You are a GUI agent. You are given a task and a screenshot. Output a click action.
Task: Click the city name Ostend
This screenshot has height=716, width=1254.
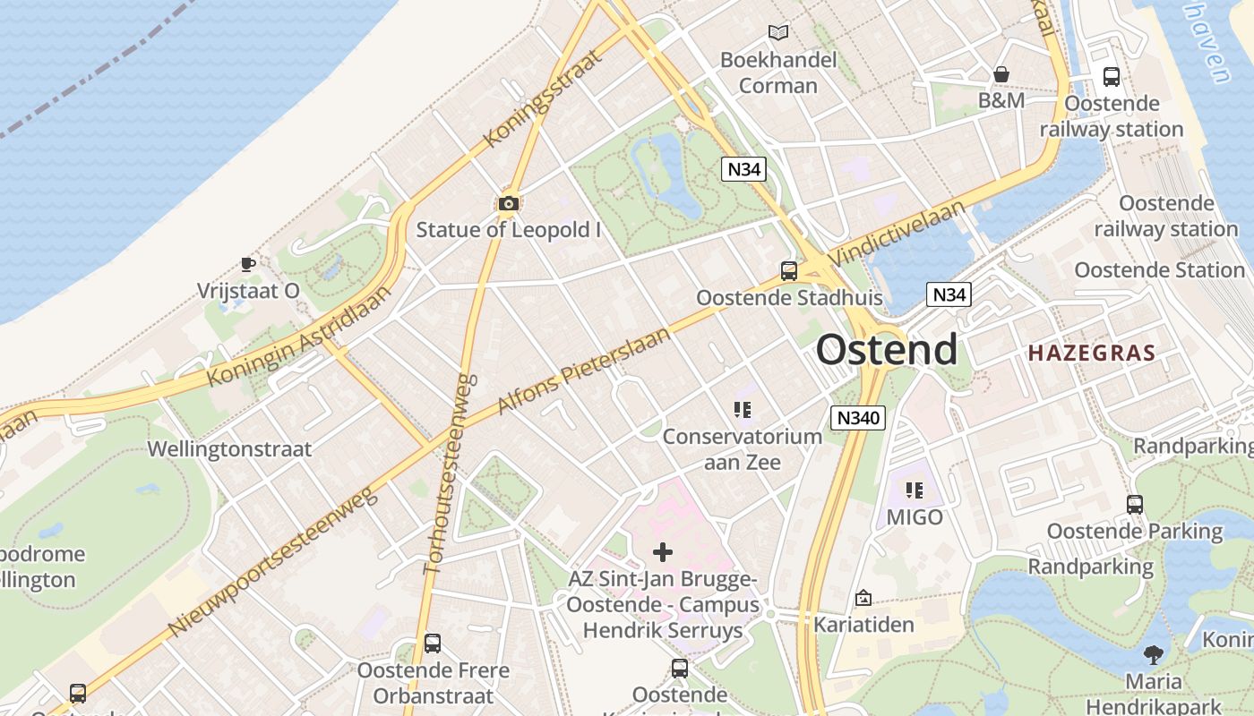(x=886, y=349)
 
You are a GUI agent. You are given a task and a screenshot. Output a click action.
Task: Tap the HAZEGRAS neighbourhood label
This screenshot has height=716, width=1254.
(x=1092, y=353)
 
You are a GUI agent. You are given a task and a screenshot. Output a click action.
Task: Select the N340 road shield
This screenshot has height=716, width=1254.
(x=857, y=417)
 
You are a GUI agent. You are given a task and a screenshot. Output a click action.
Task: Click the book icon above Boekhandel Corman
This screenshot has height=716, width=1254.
(x=778, y=33)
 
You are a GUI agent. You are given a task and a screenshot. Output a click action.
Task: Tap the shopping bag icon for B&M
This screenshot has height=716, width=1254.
(x=1001, y=74)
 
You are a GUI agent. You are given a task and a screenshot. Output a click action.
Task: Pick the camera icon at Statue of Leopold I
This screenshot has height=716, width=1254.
(x=508, y=204)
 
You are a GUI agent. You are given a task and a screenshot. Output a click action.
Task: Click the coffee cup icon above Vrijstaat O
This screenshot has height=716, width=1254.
(x=248, y=264)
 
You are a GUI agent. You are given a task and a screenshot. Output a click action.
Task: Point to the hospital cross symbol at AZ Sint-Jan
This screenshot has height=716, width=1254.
(x=663, y=551)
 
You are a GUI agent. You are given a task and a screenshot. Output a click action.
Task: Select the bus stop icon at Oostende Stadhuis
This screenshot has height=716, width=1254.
(x=789, y=270)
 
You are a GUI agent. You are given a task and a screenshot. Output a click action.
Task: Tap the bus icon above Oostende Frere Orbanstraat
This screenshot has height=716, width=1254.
(x=433, y=643)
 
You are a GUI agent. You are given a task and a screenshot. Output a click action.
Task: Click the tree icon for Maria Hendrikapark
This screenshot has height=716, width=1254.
(x=1154, y=655)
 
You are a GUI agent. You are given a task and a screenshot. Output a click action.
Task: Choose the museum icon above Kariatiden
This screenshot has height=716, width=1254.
(x=863, y=597)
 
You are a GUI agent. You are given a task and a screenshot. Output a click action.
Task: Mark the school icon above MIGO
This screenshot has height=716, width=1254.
(x=915, y=490)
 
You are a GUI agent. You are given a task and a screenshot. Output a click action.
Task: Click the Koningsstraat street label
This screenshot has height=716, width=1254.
(x=541, y=98)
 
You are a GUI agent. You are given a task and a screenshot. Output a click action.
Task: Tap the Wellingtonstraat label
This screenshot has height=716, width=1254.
(x=229, y=448)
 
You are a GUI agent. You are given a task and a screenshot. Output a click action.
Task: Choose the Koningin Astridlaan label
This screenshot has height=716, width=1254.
(x=300, y=336)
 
